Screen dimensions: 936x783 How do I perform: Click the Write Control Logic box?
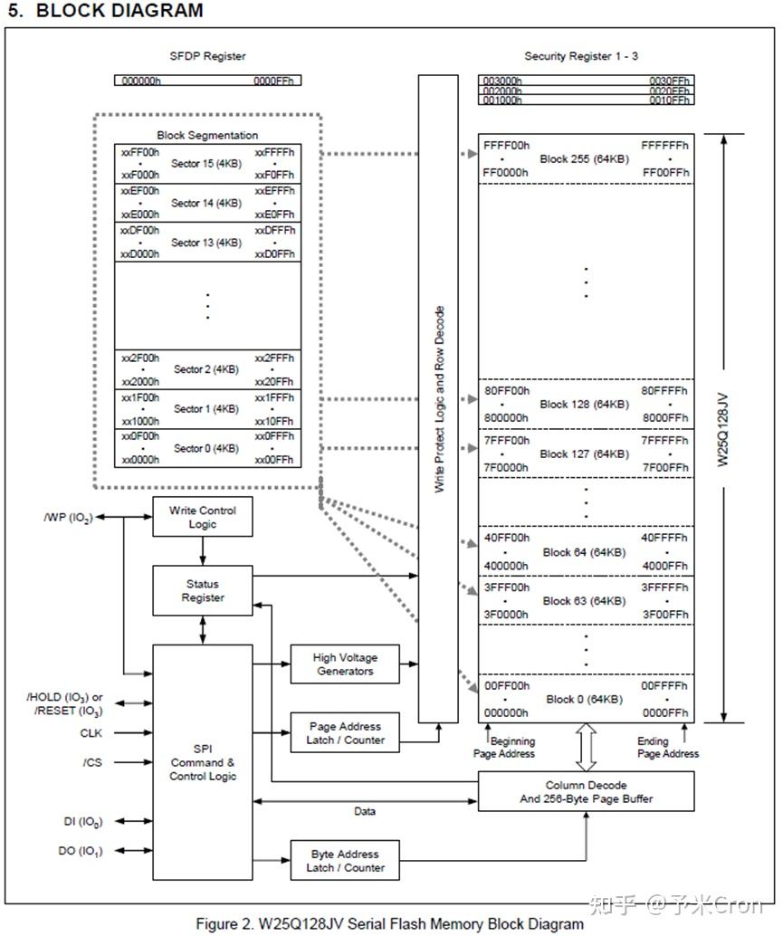202,517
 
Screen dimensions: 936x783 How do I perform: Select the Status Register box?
202,590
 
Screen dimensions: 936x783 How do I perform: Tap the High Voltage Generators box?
345,664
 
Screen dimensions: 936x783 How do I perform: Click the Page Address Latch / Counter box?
345,732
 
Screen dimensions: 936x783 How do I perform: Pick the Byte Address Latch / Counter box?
345,860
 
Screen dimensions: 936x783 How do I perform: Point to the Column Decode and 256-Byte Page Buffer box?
586,791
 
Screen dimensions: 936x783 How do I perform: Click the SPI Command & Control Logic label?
202,762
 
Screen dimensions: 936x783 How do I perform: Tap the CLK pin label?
91,732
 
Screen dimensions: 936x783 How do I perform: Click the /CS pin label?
92,762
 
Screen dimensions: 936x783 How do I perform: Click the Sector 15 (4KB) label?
206,164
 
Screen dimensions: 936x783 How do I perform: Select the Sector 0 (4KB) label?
206,448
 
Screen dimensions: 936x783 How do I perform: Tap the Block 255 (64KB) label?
584,158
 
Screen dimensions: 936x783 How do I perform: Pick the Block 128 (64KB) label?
584,405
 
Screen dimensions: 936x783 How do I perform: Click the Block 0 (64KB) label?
584,700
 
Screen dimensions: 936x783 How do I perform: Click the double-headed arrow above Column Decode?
586,747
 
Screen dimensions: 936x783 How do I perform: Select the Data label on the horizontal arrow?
365,811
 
